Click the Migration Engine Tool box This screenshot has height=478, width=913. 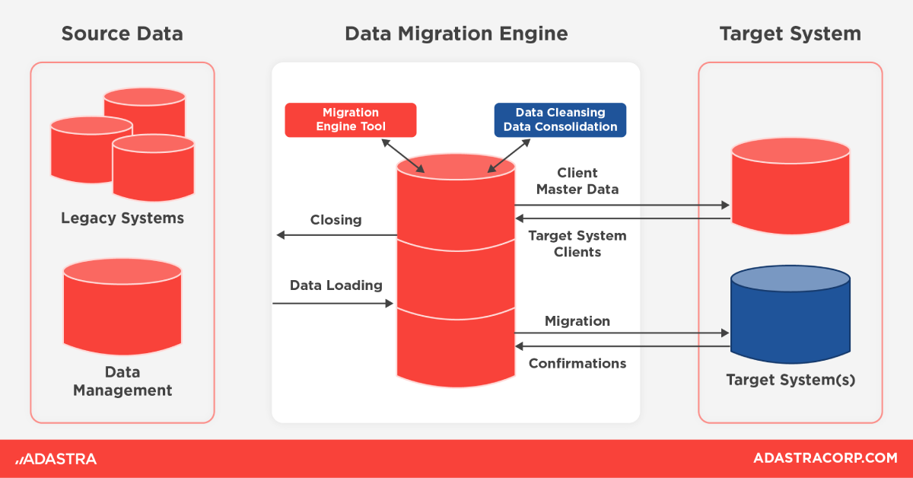[351, 120]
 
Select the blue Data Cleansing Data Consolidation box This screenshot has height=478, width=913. [560, 120]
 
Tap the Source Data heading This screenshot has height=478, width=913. [122, 34]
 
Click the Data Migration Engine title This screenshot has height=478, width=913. [456, 34]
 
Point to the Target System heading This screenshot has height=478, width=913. [790, 34]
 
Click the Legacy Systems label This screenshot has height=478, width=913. [122, 218]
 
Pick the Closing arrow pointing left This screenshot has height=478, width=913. [336, 235]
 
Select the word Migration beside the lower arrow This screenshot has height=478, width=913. [577, 321]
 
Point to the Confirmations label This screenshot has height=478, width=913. [577, 364]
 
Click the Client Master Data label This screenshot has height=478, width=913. [577, 181]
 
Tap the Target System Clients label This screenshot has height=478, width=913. [577, 244]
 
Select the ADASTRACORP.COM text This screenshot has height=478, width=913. [825, 458]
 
